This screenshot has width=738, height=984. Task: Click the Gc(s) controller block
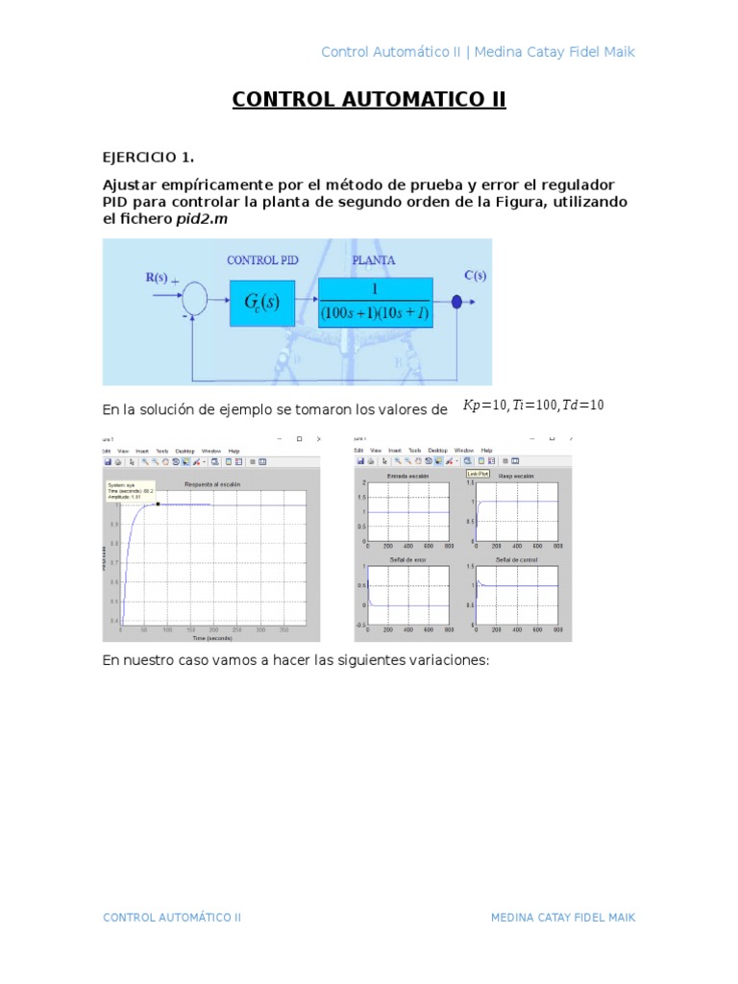pyautogui.click(x=262, y=304)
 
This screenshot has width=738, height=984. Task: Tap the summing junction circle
pyautogui.click(x=195, y=299)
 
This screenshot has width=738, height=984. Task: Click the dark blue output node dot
pyautogui.click(x=456, y=303)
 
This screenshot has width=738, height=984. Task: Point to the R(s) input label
pyautogui.click(x=157, y=278)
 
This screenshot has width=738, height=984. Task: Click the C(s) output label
pyautogui.click(x=475, y=275)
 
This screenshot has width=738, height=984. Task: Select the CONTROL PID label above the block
pyautogui.click(x=262, y=259)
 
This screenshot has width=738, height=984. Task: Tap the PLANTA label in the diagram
pyautogui.click(x=373, y=259)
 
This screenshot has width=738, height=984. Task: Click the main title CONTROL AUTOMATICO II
pyautogui.click(x=368, y=100)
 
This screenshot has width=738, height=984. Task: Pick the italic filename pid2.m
pyautogui.click(x=202, y=219)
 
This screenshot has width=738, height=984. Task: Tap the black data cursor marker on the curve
pyautogui.click(x=158, y=504)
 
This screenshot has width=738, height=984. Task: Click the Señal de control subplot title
pyautogui.click(x=516, y=559)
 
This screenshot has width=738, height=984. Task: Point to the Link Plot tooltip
pyautogui.click(x=478, y=473)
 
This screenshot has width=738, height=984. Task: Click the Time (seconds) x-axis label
pyautogui.click(x=210, y=637)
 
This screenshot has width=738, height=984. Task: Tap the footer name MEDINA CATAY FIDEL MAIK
pyautogui.click(x=562, y=918)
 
